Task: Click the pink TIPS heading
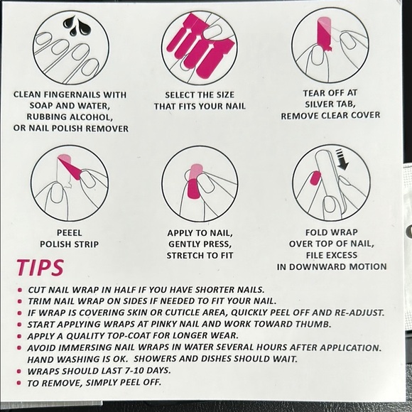(40, 268)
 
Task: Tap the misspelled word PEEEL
(70, 233)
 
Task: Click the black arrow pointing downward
(342, 160)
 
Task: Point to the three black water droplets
(77, 25)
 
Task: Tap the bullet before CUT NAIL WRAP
(20, 290)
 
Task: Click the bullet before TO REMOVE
(18, 383)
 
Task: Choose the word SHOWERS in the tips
(154, 359)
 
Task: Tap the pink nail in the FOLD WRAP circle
(315, 178)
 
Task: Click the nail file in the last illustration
(330, 184)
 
